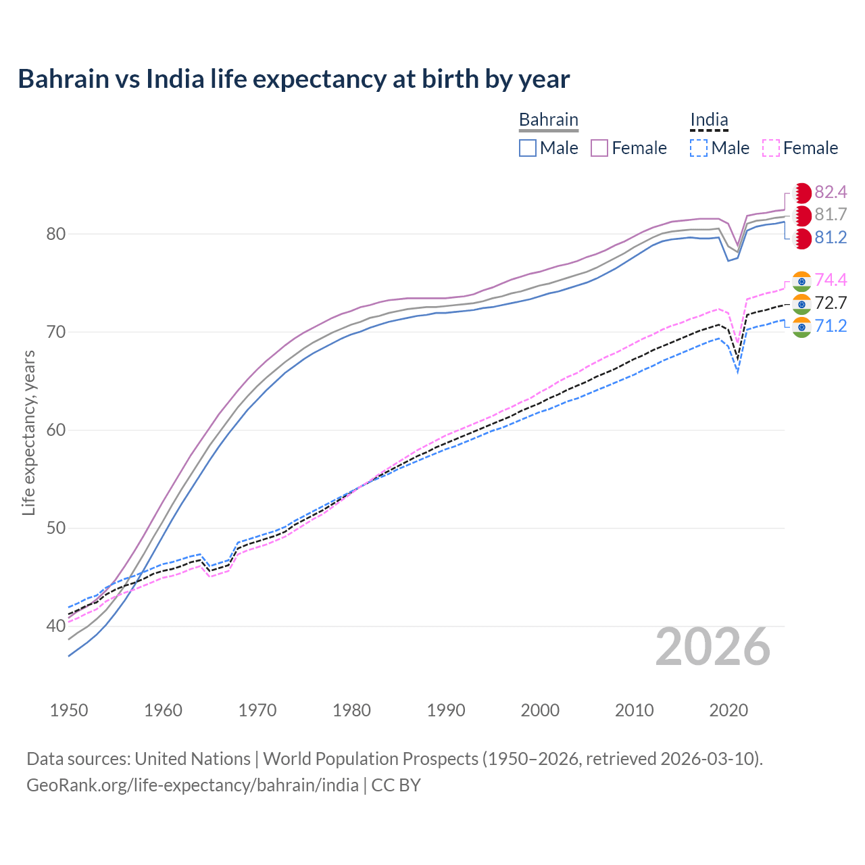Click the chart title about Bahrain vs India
[x=294, y=79]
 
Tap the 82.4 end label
[x=831, y=192]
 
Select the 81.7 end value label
[x=831, y=215]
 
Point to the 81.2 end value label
[x=831, y=238]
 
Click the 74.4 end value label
[x=831, y=280]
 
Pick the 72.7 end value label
[x=831, y=303]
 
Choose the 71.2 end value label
[x=831, y=326]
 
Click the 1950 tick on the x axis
[x=69, y=710]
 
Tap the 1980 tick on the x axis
[x=351, y=710]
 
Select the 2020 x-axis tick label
[x=728, y=710]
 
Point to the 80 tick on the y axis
[x=55, y=234]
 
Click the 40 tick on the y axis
[x=55, y=626]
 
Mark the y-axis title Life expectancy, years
[x=28, y=432]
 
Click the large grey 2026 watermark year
[x=713, y=647]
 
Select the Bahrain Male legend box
[x=528, y=148]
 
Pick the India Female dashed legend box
[x=771, y=148]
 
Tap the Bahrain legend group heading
[x=548, y=120]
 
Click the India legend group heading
[x=709, y=120]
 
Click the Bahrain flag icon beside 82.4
[x=801, y=193]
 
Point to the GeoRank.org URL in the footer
[x=193, y=785]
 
